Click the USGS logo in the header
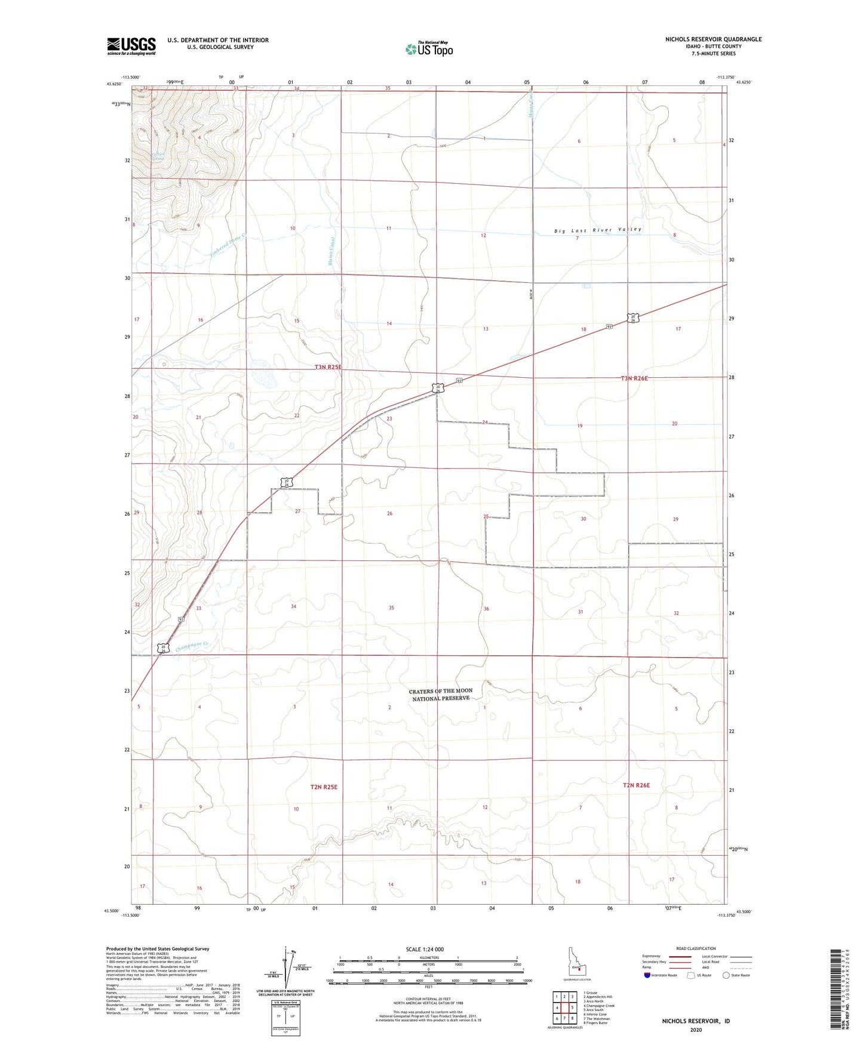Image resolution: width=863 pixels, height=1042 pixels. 131,45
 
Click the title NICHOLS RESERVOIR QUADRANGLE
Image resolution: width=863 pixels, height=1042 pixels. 713,39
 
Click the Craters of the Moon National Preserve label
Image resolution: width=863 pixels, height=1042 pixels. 440,694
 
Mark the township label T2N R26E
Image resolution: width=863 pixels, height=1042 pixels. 635,785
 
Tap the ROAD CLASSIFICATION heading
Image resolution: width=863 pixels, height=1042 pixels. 696,948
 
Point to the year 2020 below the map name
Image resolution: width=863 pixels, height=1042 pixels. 696,1029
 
